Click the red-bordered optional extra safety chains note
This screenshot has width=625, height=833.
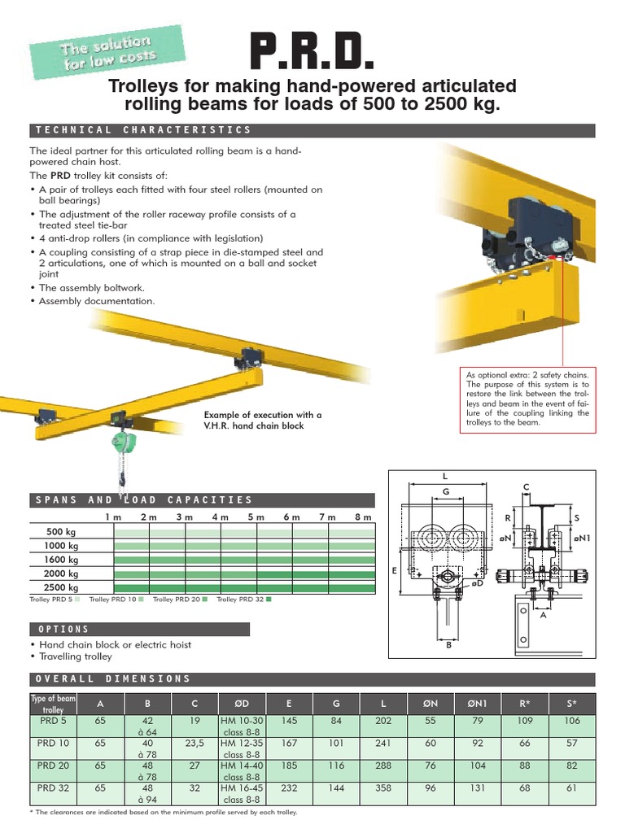pyautogui.click(x=527, y=399)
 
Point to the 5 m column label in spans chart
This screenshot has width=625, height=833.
pyautogui.click(x=256, y=517)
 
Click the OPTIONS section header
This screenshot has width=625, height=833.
pyautogui.click(x=63, y=630)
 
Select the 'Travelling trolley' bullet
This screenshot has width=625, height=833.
pyautogui.click(x=76, y=656)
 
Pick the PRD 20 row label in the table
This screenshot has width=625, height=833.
pyautogui.click(x=53, y=765)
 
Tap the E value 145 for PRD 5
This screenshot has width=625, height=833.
pyautogui.click(x=289, y=720)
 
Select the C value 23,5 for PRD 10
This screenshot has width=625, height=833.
pyautogui.click(x=194, y=743)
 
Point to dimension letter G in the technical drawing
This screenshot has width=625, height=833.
pyautogui.click(x=445, y=492)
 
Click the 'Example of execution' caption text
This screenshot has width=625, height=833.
pyautogui.click(x=263, y=420)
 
